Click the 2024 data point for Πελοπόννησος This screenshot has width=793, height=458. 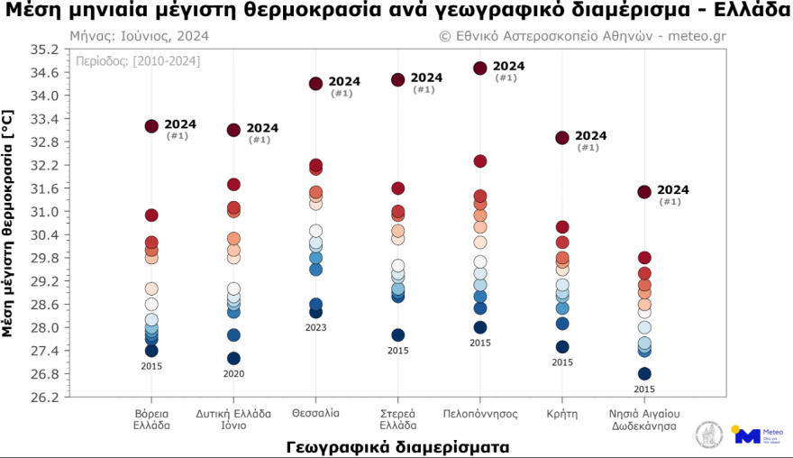(479, 68)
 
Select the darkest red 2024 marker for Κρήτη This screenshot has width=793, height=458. (561, 137)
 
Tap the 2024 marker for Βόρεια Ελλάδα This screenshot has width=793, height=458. (151, 126)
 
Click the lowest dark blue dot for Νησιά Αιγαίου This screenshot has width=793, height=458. (644, 373)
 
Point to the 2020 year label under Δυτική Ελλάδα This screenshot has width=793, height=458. (233, 373)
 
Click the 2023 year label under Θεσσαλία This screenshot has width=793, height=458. (315, 327)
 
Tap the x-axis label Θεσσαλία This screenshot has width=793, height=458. (315, 413)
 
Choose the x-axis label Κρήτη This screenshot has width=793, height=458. (561, 413)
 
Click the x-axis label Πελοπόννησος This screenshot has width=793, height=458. (479, 413)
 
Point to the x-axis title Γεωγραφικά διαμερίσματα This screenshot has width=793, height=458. (396, 445)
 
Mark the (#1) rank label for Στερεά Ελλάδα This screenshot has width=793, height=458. (424, 89)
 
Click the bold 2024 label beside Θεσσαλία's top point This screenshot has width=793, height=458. (344, 81)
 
